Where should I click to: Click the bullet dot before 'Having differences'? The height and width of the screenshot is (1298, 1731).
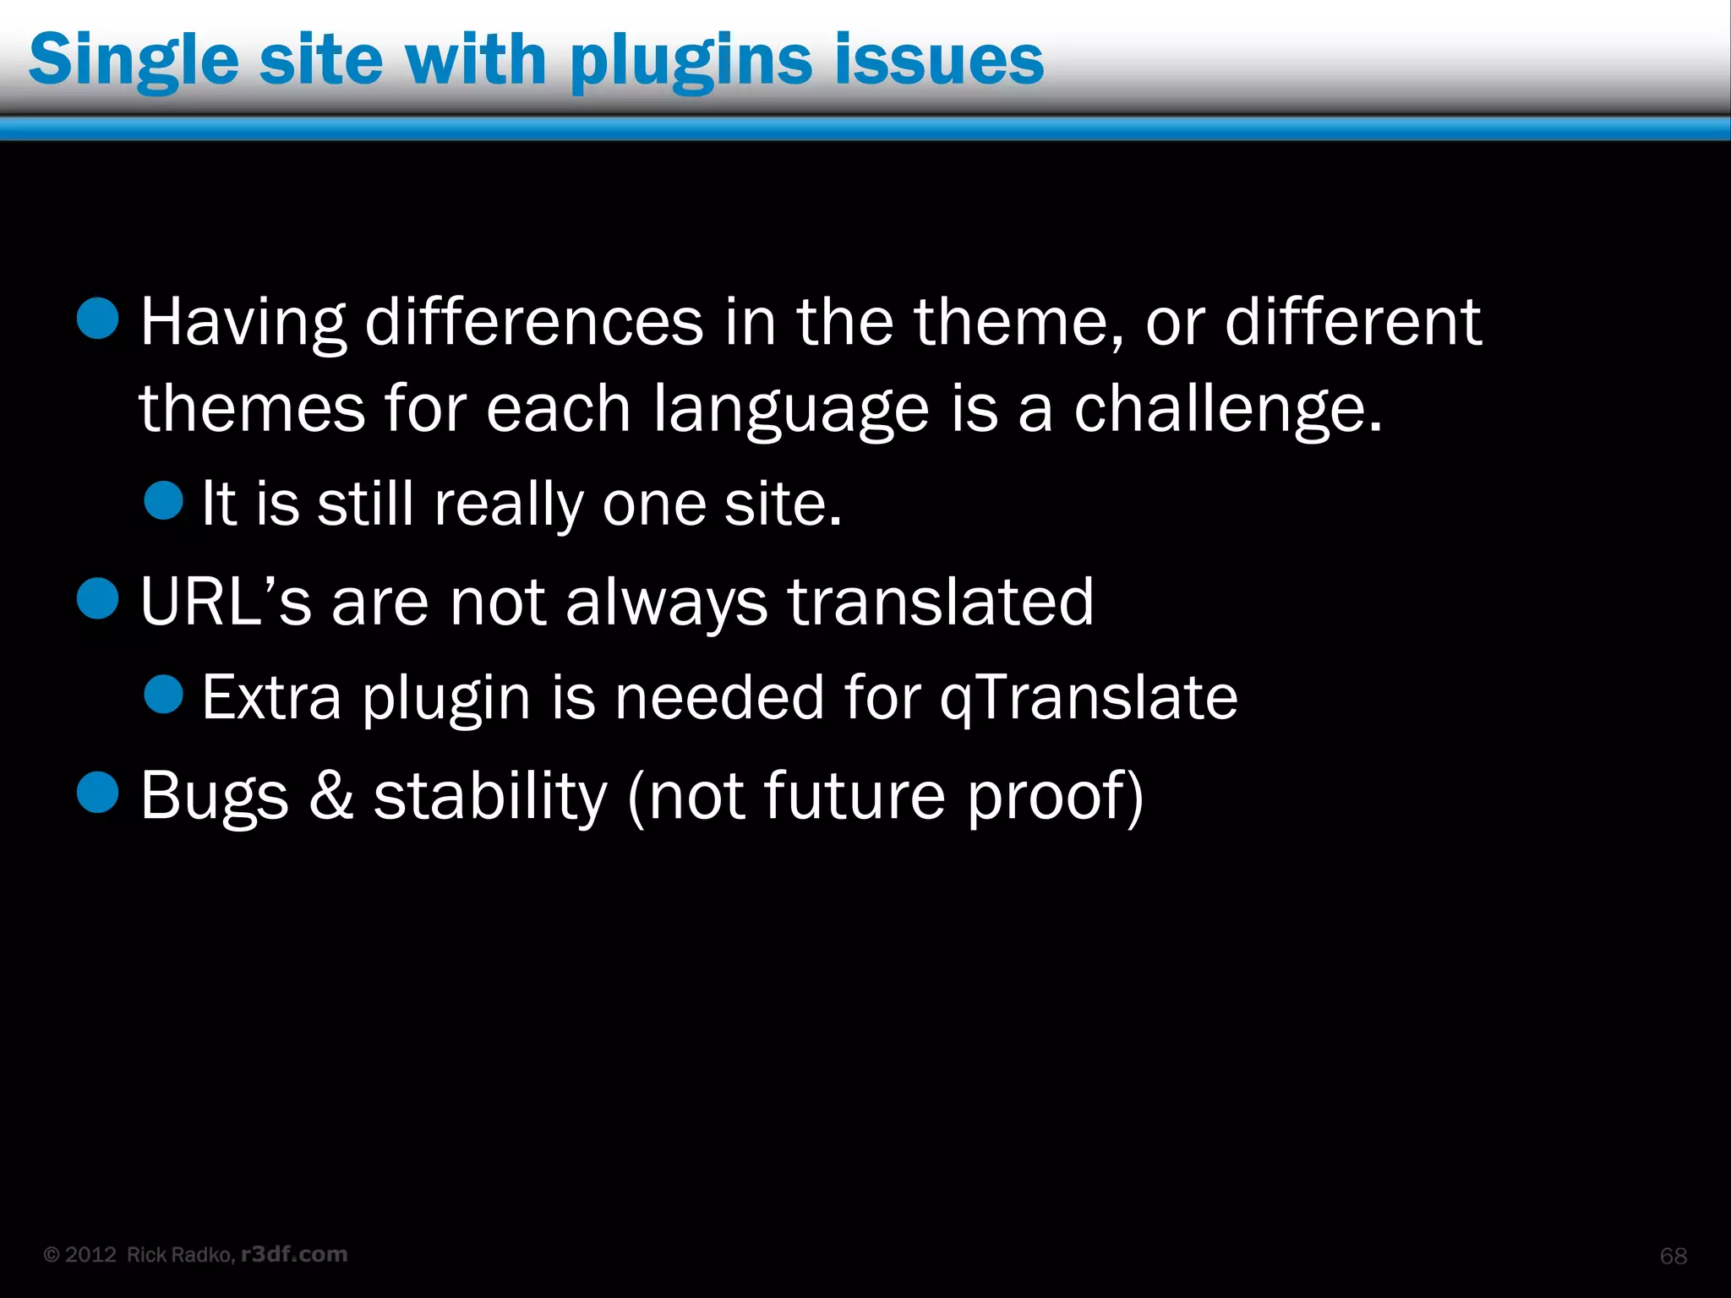point(98,319)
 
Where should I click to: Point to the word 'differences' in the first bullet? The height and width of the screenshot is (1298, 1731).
point(534,322)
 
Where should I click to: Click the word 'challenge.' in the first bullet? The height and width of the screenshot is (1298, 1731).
point(1227,409)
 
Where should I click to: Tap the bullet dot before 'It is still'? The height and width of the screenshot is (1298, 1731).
point(163,500)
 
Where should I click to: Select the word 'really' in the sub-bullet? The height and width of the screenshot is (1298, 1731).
point(507,505)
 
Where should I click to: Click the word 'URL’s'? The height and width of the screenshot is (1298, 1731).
point(225,602)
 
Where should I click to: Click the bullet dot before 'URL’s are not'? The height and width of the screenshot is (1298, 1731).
point(98,598)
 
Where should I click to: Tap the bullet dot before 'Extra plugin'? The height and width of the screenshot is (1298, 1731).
point(163,694)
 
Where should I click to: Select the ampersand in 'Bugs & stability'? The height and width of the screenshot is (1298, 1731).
point(330,795)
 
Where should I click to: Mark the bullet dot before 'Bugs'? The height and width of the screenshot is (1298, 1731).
point(98,792)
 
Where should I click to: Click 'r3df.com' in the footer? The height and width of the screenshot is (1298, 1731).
point(294,1254)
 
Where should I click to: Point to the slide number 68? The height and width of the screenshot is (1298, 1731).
point(1673,1256)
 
